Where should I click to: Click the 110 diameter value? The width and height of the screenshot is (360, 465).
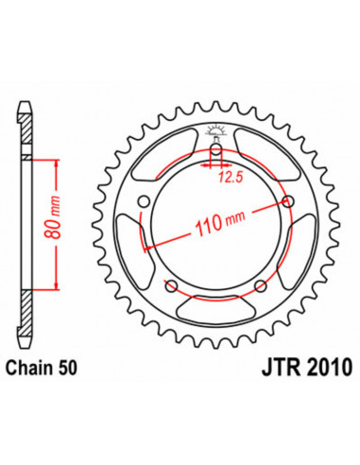[x=207, y=227]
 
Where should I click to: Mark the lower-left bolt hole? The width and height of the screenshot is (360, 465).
[x=170, y=288]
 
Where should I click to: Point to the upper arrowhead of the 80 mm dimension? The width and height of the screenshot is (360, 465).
[x=59, y=163]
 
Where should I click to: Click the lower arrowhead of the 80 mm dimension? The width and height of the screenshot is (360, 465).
[x=59, y=296]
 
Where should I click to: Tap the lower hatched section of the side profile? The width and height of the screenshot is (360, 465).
[x=29, y=331]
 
